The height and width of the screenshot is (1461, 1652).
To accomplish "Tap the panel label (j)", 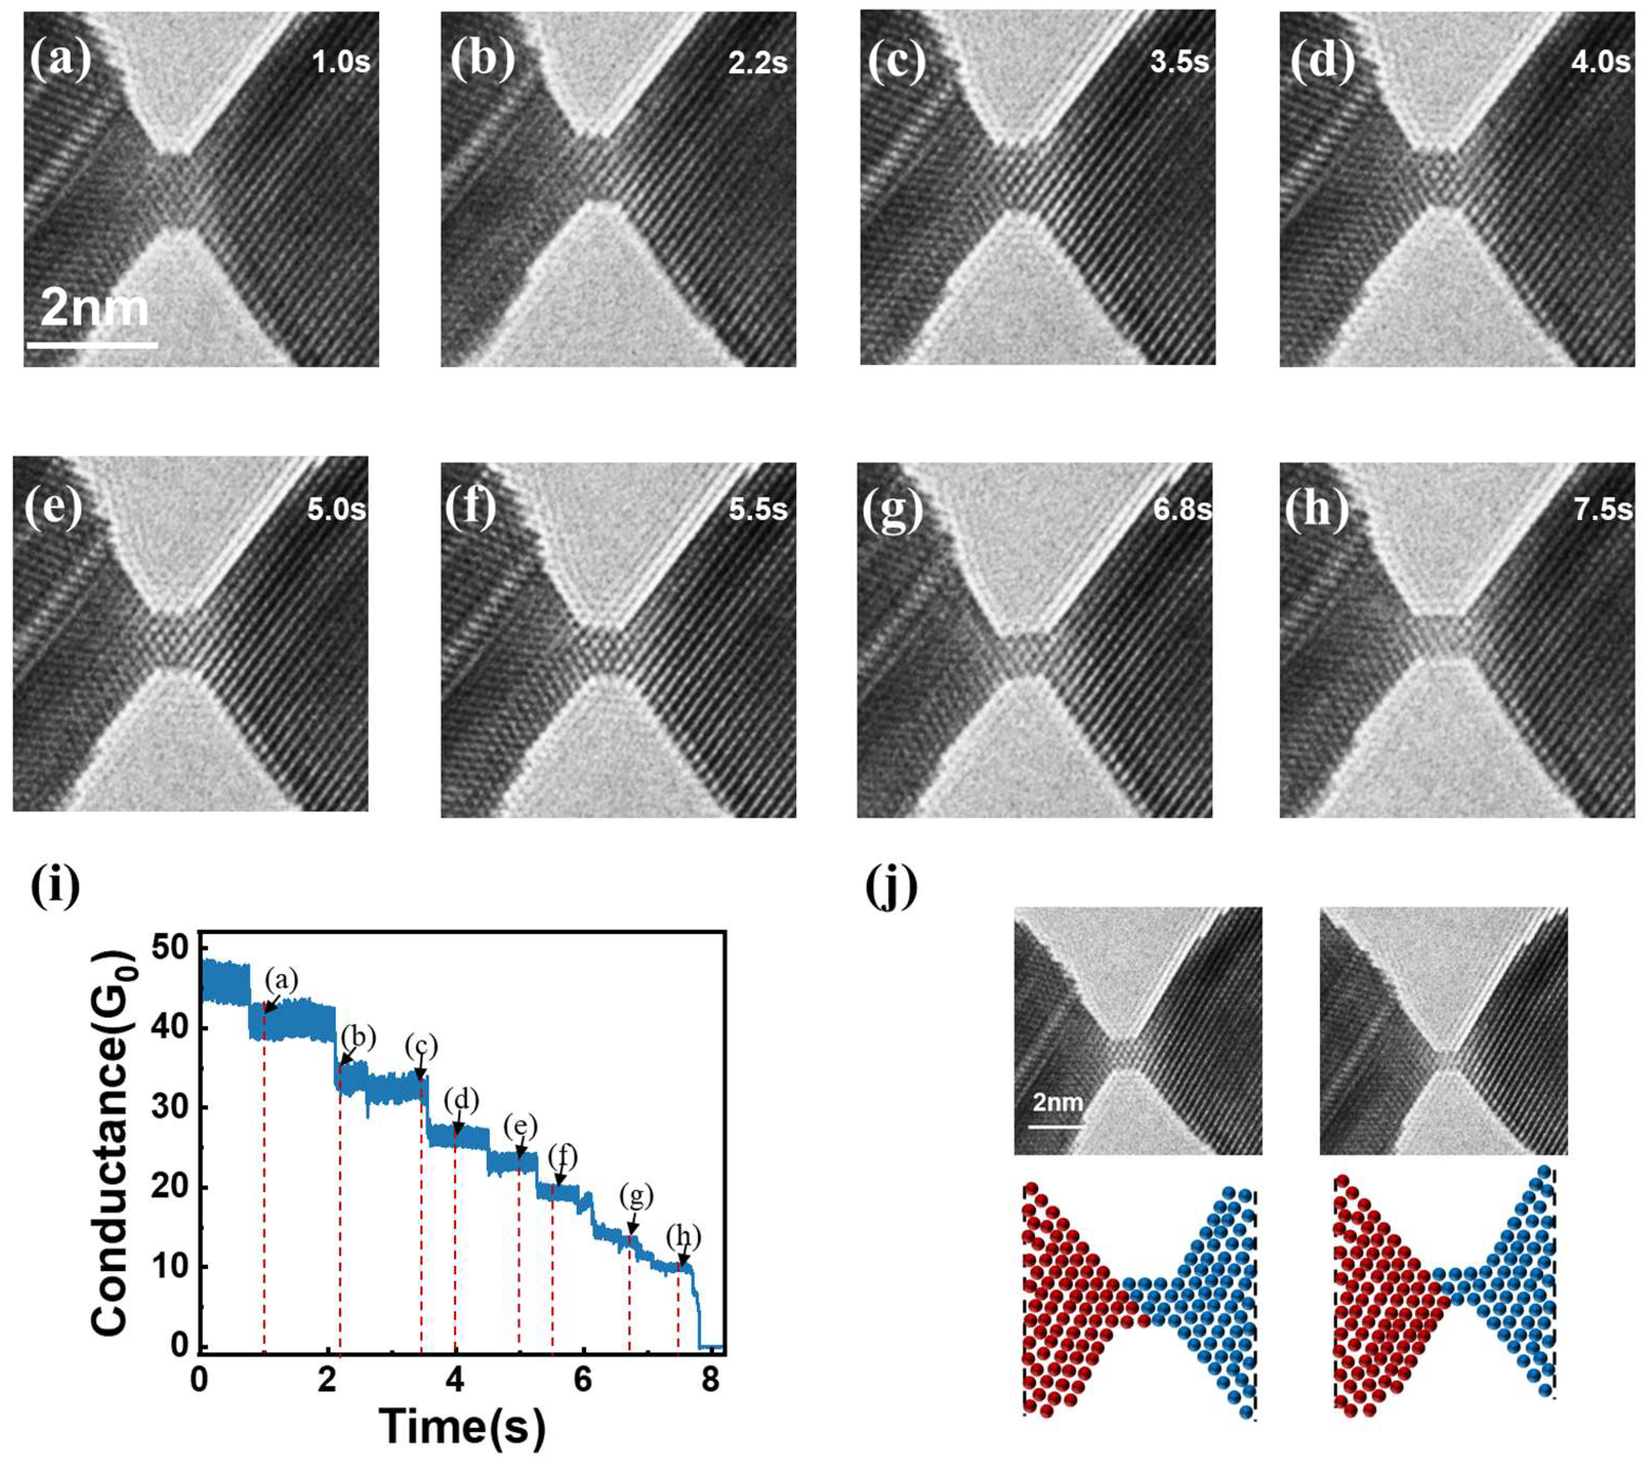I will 891,887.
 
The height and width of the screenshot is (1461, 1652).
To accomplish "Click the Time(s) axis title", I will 462,1426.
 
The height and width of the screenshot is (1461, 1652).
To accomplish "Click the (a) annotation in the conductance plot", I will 282,980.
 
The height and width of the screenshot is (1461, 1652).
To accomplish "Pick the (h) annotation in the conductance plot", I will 684,1237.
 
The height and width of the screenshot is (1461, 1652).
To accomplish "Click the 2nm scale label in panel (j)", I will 1056,1101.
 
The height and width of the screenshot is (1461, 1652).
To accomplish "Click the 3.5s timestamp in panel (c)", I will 1179,62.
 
